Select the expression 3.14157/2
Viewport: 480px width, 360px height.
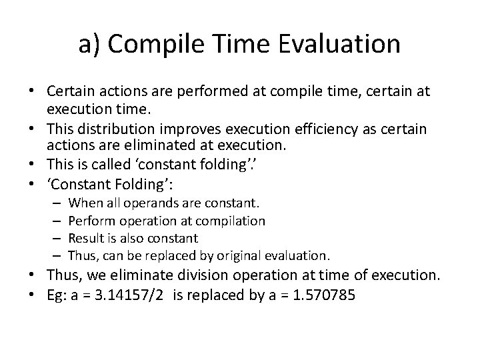point(133,294)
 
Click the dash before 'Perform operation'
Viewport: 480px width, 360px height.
point(57,220)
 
